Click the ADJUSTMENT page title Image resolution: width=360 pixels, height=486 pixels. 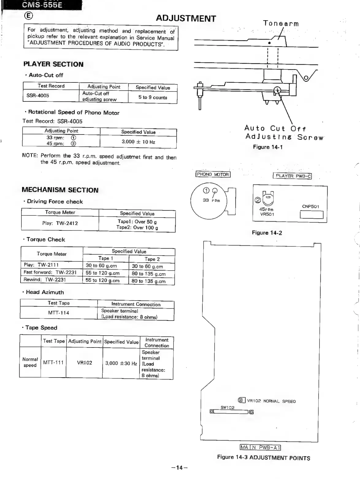186,18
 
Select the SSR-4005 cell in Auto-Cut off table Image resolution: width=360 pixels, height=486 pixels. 38,96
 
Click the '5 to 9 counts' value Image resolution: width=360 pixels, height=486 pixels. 153,97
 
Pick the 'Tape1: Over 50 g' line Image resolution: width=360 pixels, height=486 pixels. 137,222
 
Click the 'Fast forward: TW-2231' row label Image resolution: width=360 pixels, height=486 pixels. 50,272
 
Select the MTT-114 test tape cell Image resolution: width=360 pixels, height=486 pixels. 59,313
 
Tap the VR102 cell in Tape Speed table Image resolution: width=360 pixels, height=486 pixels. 84,363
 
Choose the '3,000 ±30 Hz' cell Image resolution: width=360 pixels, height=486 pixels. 121,363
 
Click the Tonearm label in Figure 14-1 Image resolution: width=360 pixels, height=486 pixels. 281,24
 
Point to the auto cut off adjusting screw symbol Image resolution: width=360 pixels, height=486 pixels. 278,90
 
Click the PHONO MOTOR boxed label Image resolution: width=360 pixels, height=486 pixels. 213,175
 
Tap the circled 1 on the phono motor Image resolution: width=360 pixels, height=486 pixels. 206,191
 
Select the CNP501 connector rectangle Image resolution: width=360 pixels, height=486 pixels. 312,215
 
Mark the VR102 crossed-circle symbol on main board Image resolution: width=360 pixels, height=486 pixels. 242,400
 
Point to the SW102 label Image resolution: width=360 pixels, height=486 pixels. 228,408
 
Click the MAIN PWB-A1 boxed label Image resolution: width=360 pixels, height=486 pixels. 260,448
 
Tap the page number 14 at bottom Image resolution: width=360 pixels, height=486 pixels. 179,468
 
